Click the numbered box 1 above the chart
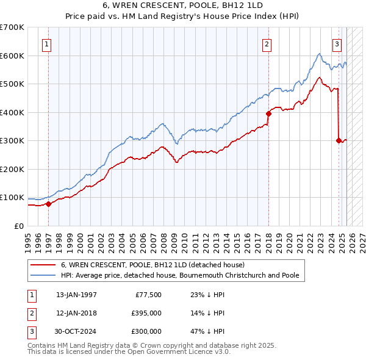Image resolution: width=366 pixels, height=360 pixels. (47, 43)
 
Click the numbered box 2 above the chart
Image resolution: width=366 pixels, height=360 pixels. (267, 43)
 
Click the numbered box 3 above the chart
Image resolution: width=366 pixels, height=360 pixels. (336, 43)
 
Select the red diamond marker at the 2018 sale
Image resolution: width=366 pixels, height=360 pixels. (268, 113)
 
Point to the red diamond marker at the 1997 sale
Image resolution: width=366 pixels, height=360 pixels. (49, 204)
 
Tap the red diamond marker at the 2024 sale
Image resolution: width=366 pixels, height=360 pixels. (339, 140)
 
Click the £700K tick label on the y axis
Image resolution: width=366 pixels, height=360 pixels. (12, 27)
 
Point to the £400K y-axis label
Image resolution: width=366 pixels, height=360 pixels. (12, 112)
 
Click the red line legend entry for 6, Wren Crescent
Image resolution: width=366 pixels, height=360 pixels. (152, 265)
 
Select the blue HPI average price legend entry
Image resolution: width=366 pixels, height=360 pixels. (180, 275)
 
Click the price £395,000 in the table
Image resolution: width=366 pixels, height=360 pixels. (146, 313)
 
